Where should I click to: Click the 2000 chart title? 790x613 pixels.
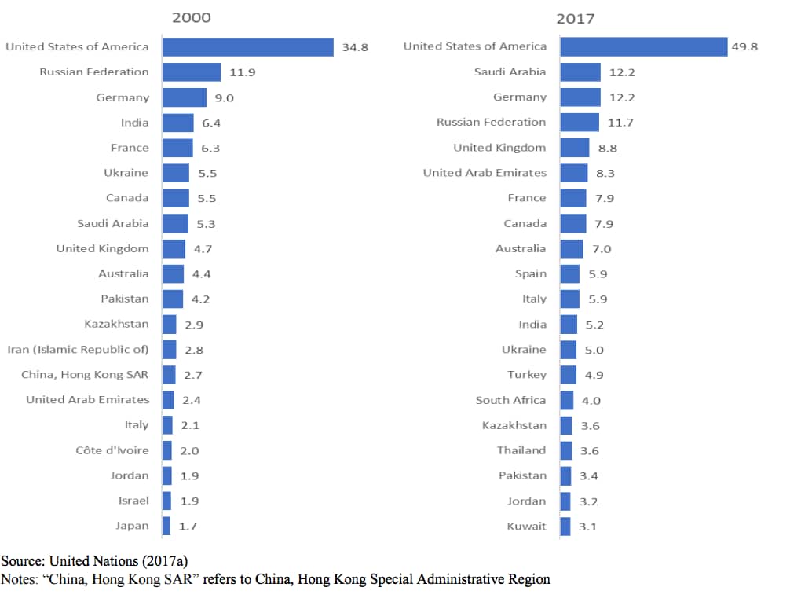pyautogui.click(x=191, y=17)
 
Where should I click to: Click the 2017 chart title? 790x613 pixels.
pyautogui.click(x=576, y=18)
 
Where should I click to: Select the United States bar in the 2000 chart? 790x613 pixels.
pyautogui.click(x=248, y=47)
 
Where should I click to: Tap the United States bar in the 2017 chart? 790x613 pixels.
pyautogui.click(x=644, y=47)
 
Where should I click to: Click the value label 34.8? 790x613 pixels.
pyautogui.click(x=355, y=47)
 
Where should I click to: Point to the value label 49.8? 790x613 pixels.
pyautogui.click(x=744, y=47)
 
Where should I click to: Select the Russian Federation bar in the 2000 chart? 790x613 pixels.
pyautogui.click(x=192, y=72)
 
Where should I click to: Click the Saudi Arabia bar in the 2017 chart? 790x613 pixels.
pyautogui.click(x=580, y=72)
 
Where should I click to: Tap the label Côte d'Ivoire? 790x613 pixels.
pyautogui.click(x=112, y=450)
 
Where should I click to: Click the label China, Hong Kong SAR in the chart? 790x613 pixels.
pyautogui.click(x=85, y=375)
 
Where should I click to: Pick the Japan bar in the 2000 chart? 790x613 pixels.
pyautogui.click(x=166, y=526)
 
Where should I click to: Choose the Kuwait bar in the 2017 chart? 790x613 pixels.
pyautogui.click(x=565, y=526)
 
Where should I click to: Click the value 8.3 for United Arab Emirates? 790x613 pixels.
pyautogui.click(x=605, y=173)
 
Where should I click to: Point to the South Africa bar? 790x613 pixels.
pyautogui.click(x=567, y=400)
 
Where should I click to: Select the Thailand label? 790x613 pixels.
pyautogui.click(x=521, y=450)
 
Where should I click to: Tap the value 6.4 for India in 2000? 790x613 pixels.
pyautogui.click(x=210, y=123)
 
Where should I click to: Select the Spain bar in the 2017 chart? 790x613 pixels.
pyautogui.click(x=570, y=274)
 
